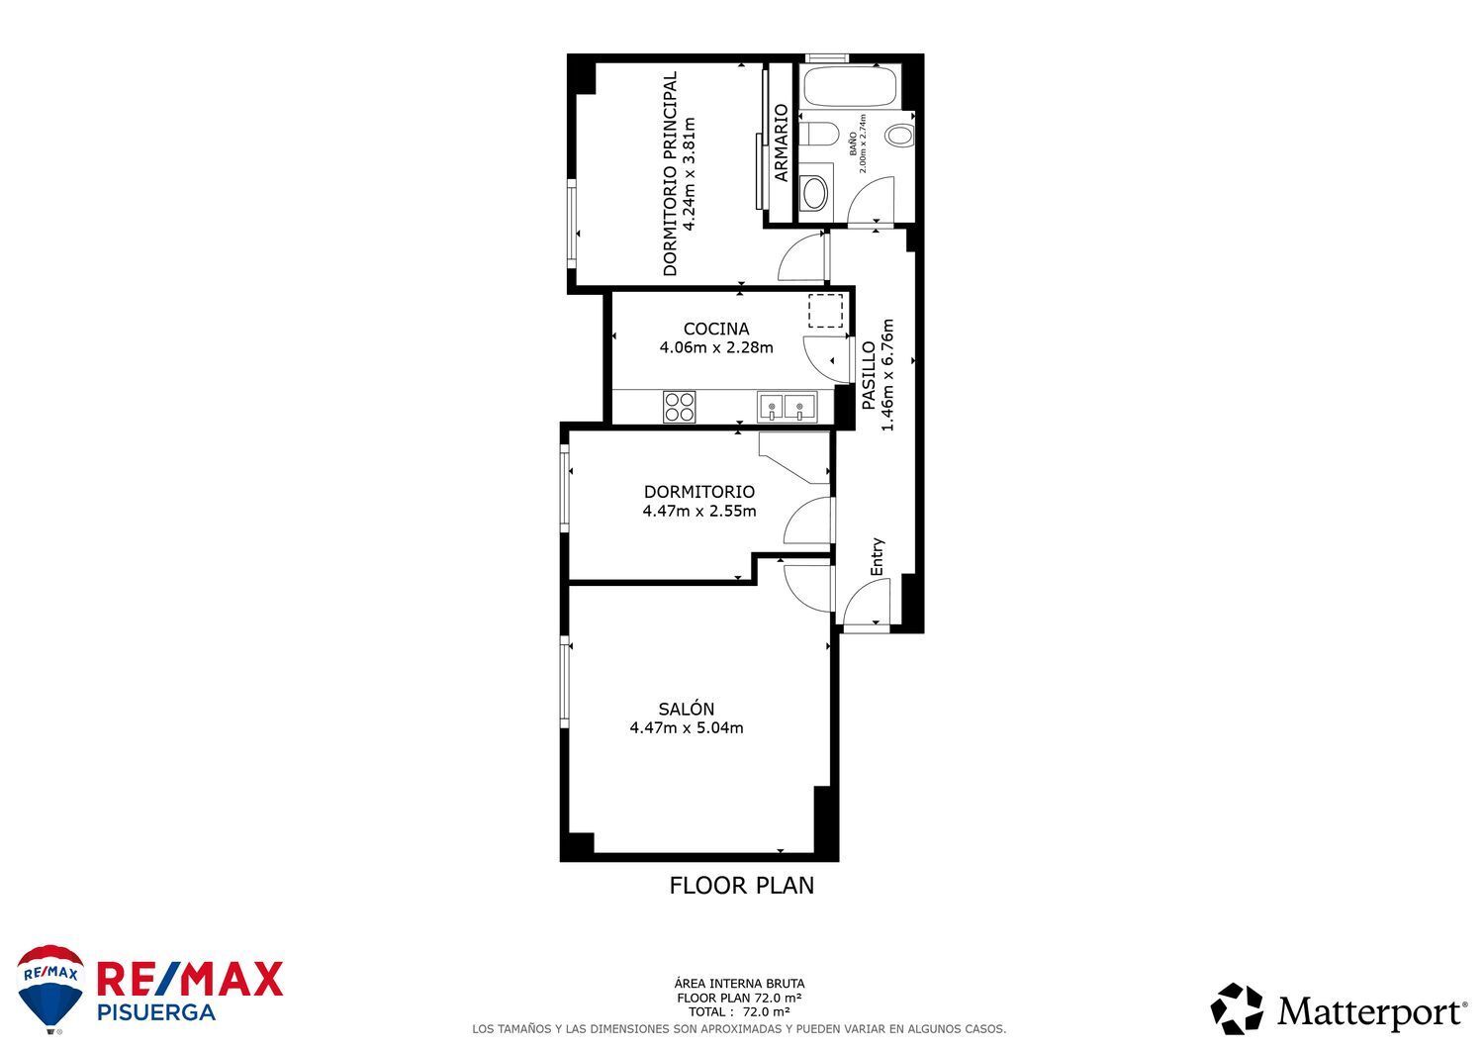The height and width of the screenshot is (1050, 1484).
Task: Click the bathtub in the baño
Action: tap(851, 86)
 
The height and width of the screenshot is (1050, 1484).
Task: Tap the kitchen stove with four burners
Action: tap(680, 407)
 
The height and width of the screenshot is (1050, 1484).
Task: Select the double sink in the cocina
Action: tap(788, 407)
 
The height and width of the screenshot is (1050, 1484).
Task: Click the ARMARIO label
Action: tap(782, 143)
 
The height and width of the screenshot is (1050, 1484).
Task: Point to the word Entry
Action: tap(878, 557)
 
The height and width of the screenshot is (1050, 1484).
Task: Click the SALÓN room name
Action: tap(687, 709)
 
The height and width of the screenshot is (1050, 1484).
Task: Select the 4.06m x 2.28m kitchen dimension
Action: tap(716, 347)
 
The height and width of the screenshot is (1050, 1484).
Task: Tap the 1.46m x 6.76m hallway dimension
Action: tap(887, 375)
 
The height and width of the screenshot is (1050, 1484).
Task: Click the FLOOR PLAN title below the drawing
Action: tap(741, 886)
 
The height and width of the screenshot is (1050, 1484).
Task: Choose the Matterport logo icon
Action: tap(1237, 1008)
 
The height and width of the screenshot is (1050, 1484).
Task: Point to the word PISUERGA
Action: tap(156, 1012)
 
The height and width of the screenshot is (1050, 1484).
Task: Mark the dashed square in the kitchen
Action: tap(825, 311)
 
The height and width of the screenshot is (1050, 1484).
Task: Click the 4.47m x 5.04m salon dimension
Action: tap(687, 727)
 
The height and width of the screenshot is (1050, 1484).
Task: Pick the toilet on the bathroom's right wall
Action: tap(899, 136)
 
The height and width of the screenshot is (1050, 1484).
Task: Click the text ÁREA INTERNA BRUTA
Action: tap(739, 984)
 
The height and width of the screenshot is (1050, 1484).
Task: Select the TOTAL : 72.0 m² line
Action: tap(739, 1012)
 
